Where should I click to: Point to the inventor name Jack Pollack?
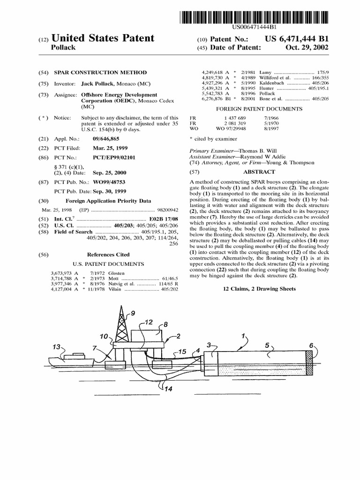(99, 84)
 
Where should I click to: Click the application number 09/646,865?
(98, 139)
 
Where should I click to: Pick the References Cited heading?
(108, 255)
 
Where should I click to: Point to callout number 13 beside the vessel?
(57, 347)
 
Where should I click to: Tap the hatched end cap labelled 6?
(308, 363)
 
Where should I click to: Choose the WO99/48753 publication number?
(110, 182)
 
